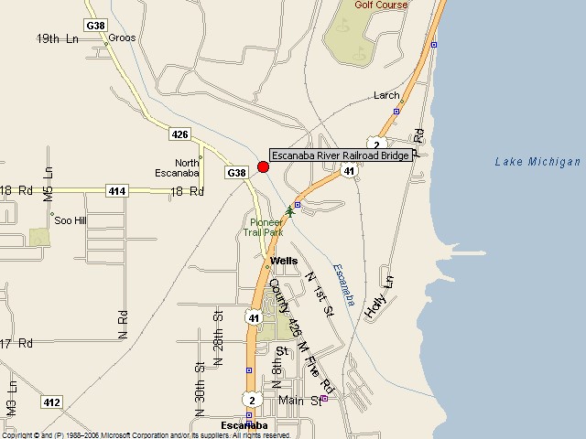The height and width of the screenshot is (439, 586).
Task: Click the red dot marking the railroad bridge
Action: (263, 166)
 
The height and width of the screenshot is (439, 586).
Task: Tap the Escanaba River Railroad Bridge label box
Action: (341, 155)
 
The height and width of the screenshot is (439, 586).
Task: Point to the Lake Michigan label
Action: (537, 162)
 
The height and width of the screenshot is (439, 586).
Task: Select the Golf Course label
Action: (382, 5)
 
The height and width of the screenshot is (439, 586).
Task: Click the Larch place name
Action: (386, 95)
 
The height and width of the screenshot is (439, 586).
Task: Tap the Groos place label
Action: (122, 38)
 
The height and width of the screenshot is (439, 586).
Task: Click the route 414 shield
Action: (117, 191)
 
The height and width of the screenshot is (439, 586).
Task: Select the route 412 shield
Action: (51, 402)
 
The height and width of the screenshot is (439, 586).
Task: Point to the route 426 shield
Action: (179, 134)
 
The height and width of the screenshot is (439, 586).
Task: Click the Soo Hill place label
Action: (71, 220)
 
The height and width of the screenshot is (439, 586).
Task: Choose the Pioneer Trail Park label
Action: (266, 228)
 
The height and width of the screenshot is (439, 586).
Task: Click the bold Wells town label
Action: (284, 261)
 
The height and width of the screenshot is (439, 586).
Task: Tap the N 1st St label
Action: (320, 294)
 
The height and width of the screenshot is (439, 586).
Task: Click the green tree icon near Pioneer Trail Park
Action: (290, 211)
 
